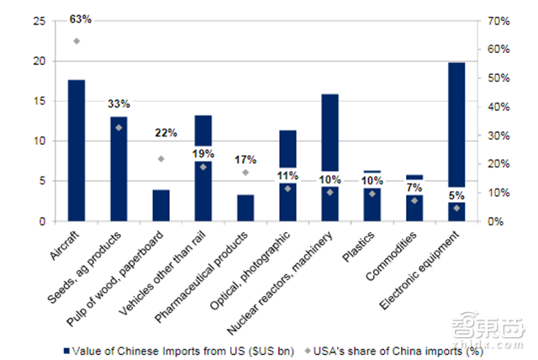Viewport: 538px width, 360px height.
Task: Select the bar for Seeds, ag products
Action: coord(119,168)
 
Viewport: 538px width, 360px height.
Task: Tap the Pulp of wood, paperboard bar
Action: coord(161,205)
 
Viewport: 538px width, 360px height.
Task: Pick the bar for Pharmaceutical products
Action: coord(245,208)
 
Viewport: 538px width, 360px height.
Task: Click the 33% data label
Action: coord(119,104)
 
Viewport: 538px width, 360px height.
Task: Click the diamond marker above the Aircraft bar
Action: coord(76,40)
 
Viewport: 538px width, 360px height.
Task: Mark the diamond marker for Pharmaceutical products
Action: coord(245,172)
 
